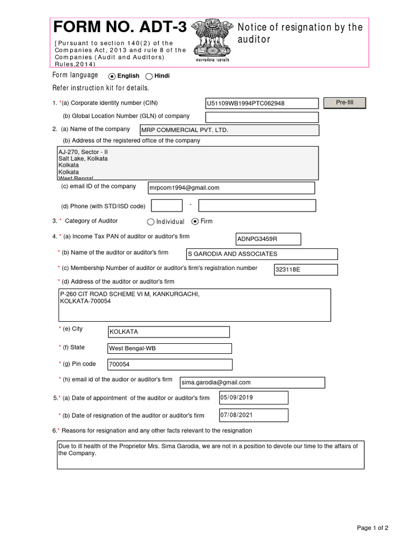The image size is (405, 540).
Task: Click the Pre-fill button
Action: [344, 103]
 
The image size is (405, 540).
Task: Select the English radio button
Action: [112, 76]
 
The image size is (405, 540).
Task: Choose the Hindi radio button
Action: [149, 76]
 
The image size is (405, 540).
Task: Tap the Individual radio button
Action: [151, 222]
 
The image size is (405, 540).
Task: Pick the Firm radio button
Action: [196, 221]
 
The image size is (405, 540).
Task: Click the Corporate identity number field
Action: [262, 103]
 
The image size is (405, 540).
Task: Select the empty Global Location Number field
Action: [262, 117]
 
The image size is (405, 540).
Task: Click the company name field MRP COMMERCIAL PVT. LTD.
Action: [229, 130]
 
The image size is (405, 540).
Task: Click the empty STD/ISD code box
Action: [167, 206]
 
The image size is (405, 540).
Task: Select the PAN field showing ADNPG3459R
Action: [268, 239]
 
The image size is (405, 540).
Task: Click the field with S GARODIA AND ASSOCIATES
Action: [262, 254]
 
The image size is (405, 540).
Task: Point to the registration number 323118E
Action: [305, 270]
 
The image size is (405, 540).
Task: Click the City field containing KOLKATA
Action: [169, 332]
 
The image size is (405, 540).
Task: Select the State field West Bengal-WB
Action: [169, 349]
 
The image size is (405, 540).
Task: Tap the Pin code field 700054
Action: [169, 364]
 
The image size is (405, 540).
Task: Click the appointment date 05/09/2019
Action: [254, 398]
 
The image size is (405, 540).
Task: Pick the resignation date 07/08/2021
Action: [254, 415]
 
